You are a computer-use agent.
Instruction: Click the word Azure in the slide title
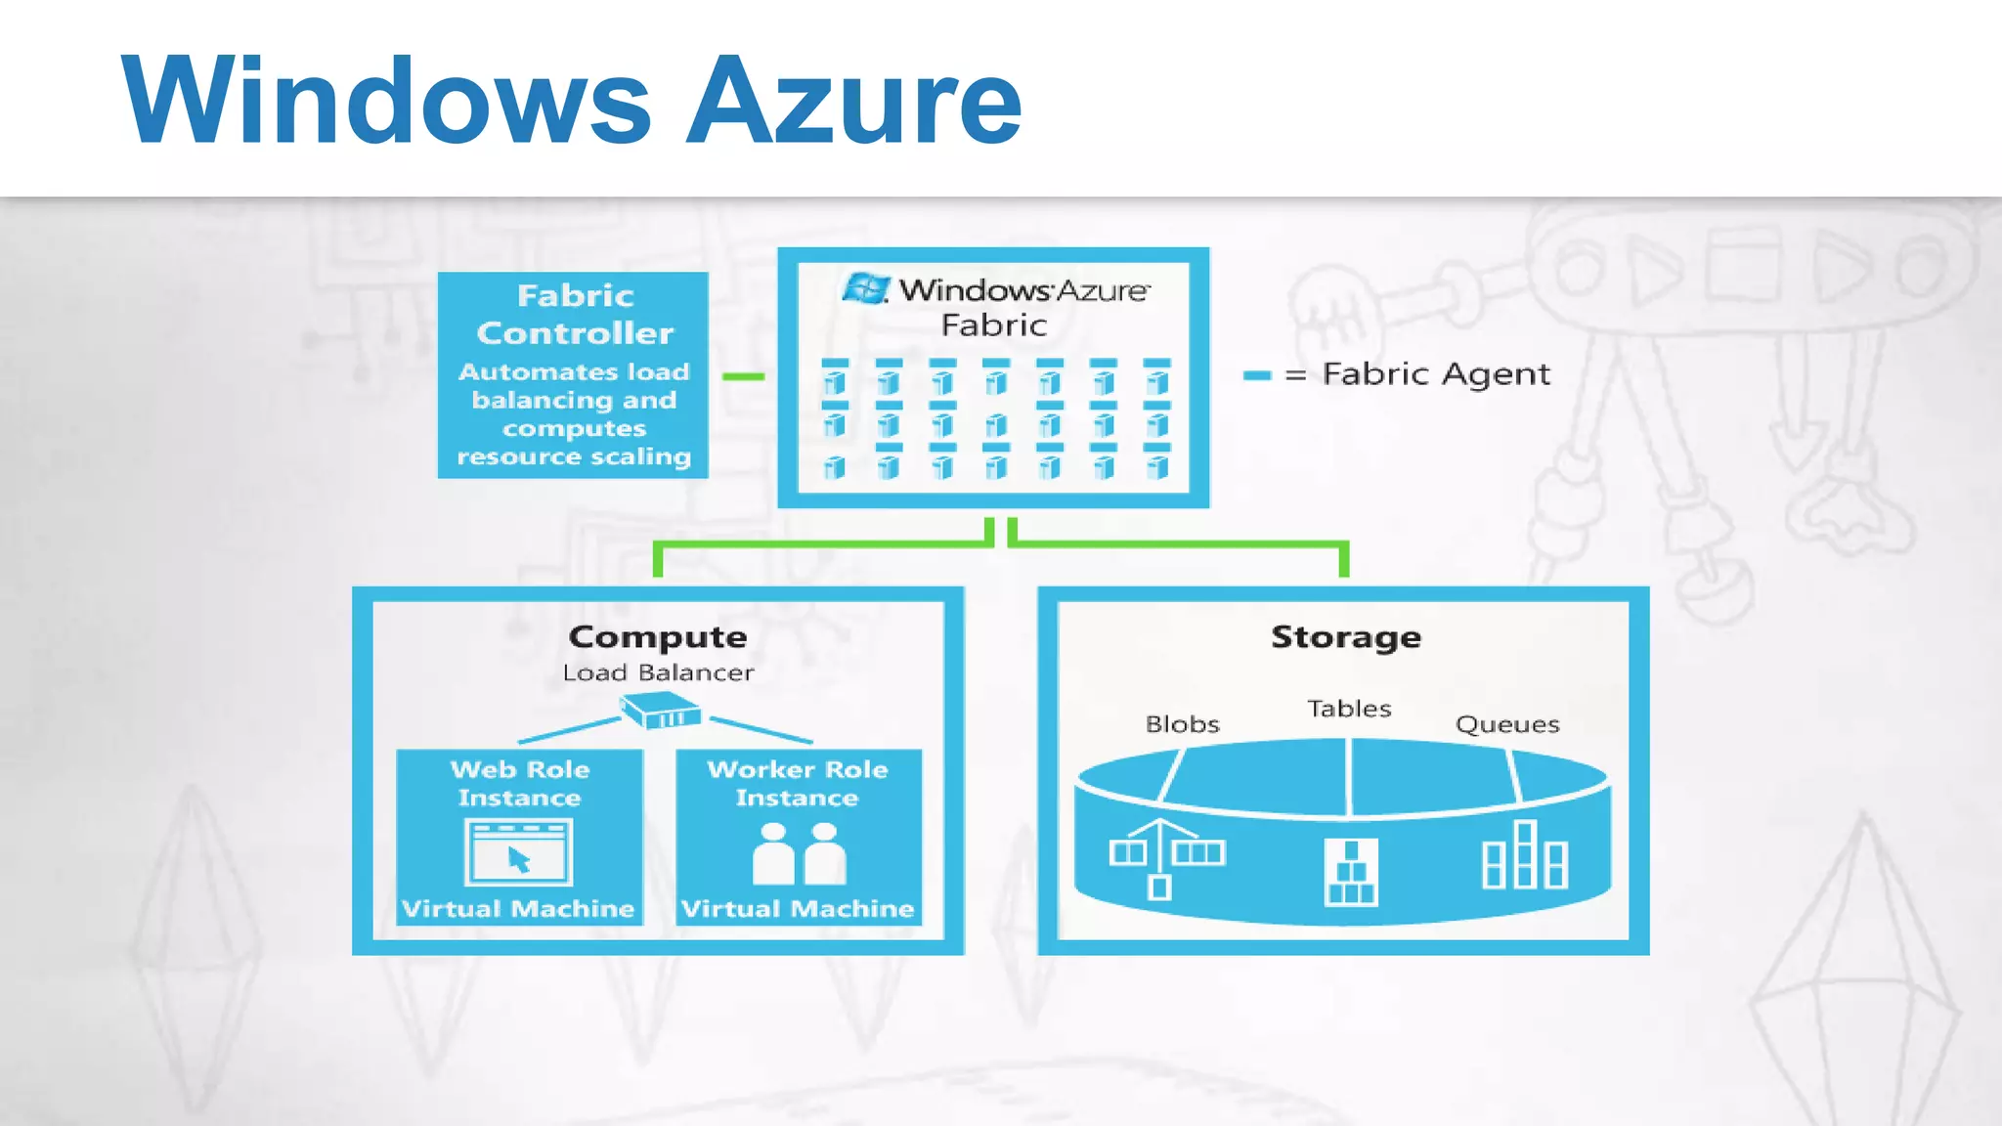click(852, 102)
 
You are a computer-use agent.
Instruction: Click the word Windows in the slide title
click(386, 102)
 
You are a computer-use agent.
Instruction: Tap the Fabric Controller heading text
click(575, 314)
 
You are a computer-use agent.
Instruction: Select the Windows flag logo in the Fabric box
click(866, 289)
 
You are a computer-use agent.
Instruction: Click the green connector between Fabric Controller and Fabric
click(743, 376)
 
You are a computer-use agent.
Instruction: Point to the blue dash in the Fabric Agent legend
click(1256, 375)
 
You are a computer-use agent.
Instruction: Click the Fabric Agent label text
click(1435, 373)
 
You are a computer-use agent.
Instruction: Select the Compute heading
click(658, 636)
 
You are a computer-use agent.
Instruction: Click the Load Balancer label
click(658, 672)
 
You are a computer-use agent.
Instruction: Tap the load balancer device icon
click(661, 711)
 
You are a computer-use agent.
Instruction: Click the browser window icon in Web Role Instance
click(518, 852)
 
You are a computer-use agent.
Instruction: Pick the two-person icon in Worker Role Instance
click(799, 853)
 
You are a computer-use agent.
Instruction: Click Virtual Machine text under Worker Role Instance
click(798, 909)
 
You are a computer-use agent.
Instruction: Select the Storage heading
click(1345, 636)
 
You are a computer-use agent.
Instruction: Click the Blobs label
click(1182, 724)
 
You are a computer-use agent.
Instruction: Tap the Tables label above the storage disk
click(1349, 709)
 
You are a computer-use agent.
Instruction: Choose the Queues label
click(1506, 724)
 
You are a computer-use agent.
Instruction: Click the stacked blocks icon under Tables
click(1350, 872)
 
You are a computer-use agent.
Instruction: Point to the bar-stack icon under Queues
click(1524, 856)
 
